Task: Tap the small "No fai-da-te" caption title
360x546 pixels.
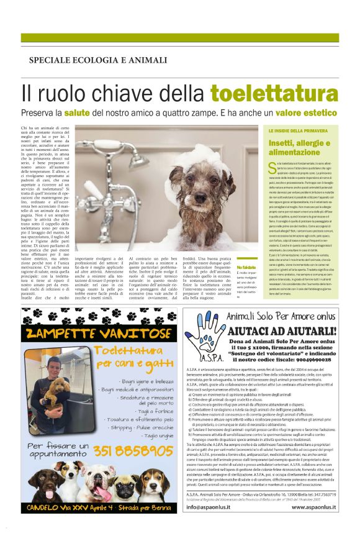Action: coord(245,268)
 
